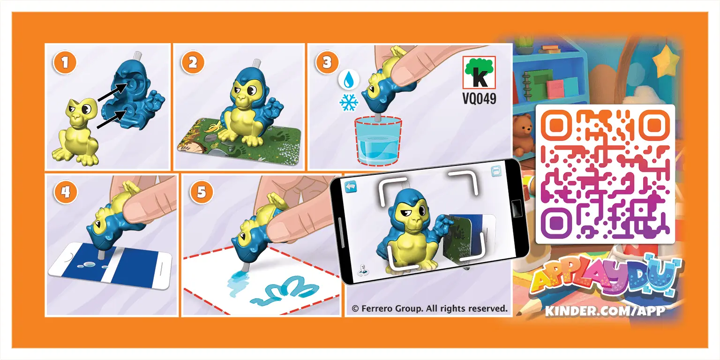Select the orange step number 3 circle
(327, 63)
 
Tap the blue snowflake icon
(348, 103)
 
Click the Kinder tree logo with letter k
(479, 73)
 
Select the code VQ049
(479, 99)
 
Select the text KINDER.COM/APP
(605, 310)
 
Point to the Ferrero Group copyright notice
(429, 308)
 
